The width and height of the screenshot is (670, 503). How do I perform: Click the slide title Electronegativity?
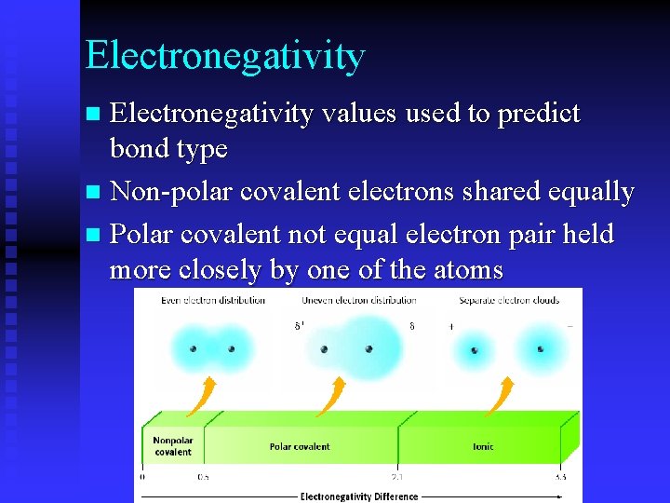[224, 56]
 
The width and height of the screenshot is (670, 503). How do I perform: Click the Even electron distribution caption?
[213, 301]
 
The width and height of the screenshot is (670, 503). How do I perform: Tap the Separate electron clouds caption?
[508, 301]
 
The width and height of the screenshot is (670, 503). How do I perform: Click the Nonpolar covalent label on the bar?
[172, 446]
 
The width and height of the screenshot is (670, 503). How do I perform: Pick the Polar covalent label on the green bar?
[300, 446]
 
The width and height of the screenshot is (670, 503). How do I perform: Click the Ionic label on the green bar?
[483, 446]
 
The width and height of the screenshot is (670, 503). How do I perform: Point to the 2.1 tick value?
[398, 477]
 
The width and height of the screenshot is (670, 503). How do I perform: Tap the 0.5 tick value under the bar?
[203, 477]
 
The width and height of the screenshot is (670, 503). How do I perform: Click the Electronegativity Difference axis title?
[358, 496]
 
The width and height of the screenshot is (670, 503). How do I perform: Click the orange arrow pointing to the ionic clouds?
[500, 396]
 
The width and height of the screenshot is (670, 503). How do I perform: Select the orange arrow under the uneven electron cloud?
[331, 396]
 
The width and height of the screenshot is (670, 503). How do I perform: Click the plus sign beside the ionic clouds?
[450, 328]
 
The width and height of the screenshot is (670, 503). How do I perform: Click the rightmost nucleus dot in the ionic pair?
[541, 349]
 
